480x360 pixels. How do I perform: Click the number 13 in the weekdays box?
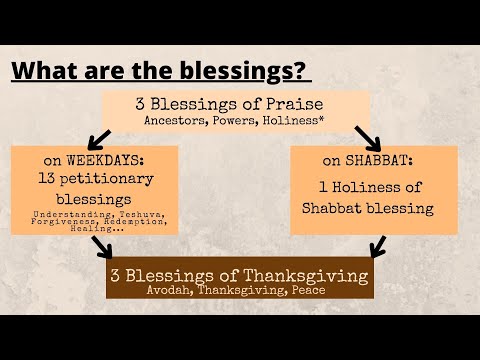click(x=48, y=179)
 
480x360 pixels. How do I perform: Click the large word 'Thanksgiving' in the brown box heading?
click(x=297, y=275)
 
